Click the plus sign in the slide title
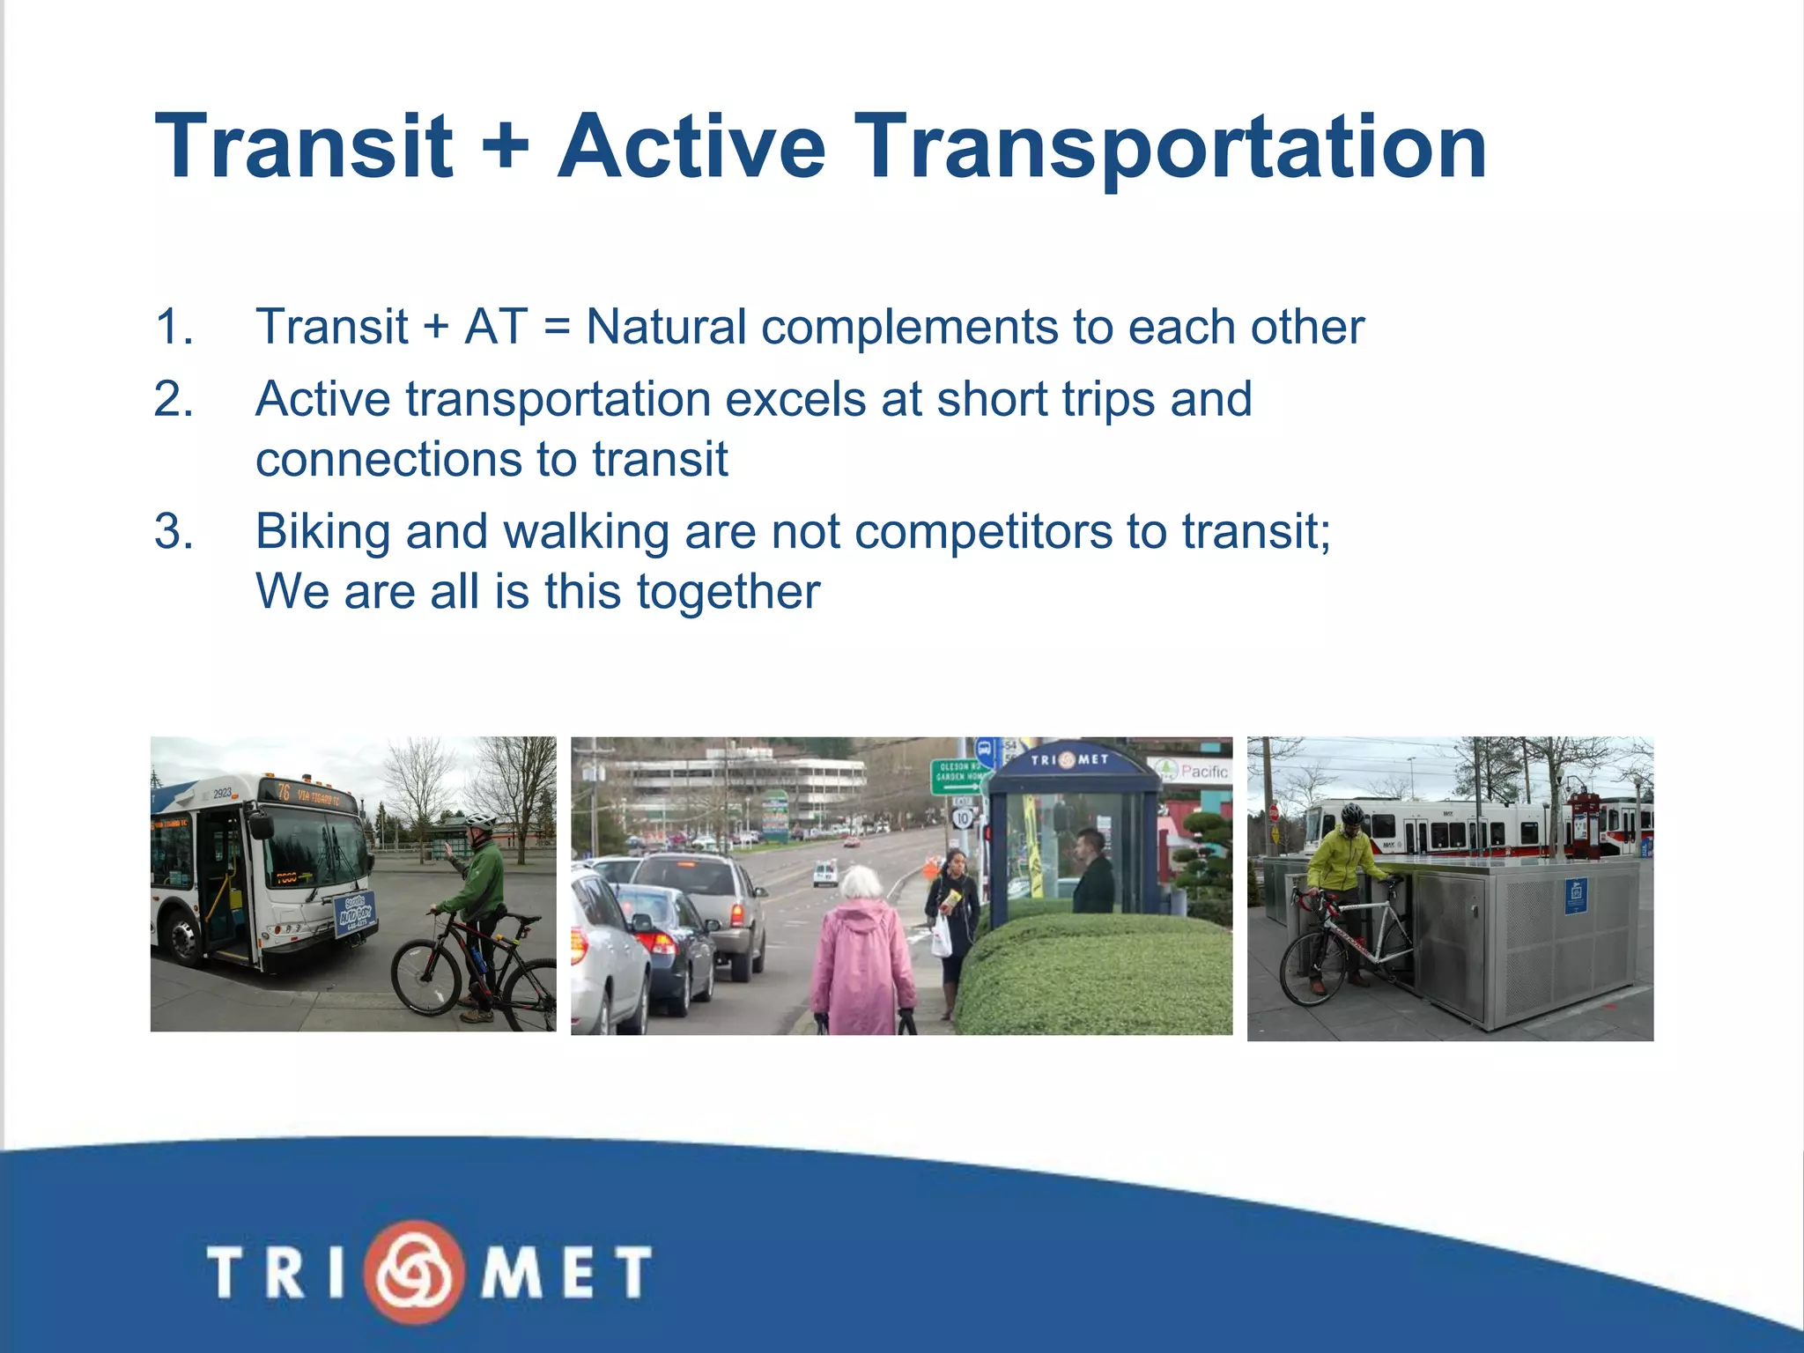click(506, 146)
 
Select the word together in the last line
click(728, 592)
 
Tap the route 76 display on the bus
click(285, 792)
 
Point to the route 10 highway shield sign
click(962, 818)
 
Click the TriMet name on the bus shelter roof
click(1069, 759)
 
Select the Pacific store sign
click(1195, 771)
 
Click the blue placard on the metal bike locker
click(1576, 897)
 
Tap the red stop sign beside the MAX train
click(1275, 811)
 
